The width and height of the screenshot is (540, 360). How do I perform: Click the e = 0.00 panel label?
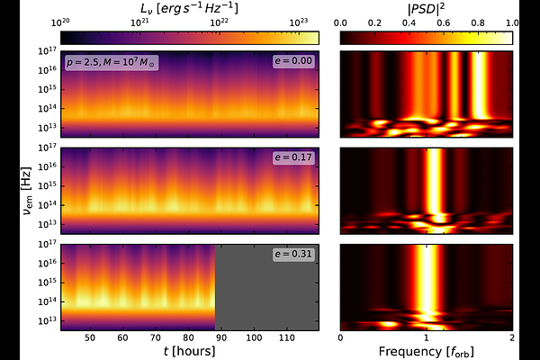point(293,61)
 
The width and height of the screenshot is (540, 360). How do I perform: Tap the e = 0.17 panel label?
point(293,157)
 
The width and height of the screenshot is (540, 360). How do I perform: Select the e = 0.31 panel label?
point(293,254)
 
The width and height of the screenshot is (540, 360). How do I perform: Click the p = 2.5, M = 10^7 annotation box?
point(112,62)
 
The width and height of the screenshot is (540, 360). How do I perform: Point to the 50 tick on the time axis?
point(90,338)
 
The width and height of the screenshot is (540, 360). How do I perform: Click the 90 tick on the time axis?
point(221,338)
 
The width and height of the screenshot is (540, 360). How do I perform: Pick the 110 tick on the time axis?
point(286,338)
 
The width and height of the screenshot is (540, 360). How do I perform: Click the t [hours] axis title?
point(189,351)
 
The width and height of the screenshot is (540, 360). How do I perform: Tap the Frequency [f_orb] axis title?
point(427,352)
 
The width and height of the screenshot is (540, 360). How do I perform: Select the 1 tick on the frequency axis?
point(427,338)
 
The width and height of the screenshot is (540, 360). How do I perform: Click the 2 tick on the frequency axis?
point(512,338)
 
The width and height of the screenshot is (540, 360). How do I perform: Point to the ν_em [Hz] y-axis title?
point(27,191)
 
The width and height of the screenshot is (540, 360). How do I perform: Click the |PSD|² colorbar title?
point(426,9)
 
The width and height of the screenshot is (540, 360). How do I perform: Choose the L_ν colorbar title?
point(189,8)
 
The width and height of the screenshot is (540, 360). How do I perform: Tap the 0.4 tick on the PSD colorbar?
point(409,23)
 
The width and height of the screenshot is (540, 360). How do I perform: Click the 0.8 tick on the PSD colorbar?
point(478,23)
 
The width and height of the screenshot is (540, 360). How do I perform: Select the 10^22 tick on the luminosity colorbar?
point(220,22)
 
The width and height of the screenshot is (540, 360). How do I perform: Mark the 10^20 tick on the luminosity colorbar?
point(60,22)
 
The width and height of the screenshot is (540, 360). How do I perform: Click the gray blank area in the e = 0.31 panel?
point(267,287)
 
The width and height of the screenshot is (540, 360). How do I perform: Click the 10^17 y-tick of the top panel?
point(47,51)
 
